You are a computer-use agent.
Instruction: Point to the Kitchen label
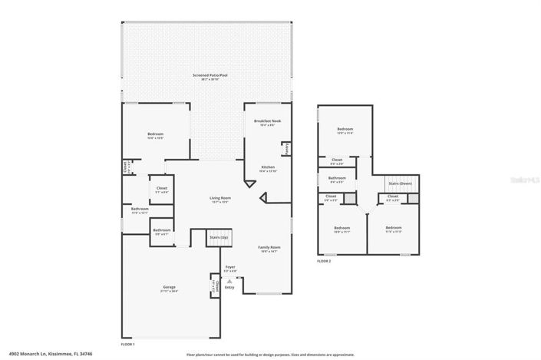click(267, 167)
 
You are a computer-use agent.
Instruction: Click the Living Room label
click(221, 198)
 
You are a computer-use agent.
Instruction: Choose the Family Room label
click(269, 247)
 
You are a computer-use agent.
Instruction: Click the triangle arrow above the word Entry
click(229, 282)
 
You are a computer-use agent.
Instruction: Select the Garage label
click(168, 287)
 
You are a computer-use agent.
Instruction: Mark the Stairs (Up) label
click(218, 238)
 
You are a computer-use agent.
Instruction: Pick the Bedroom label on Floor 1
click(156, 134)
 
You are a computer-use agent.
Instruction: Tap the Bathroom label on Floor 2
click(337, 178)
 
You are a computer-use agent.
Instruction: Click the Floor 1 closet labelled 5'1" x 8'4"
click(162, 187)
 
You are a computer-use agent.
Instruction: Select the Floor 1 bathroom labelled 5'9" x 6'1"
click(161, 230)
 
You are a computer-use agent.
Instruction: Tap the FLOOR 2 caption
click(324, 261)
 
